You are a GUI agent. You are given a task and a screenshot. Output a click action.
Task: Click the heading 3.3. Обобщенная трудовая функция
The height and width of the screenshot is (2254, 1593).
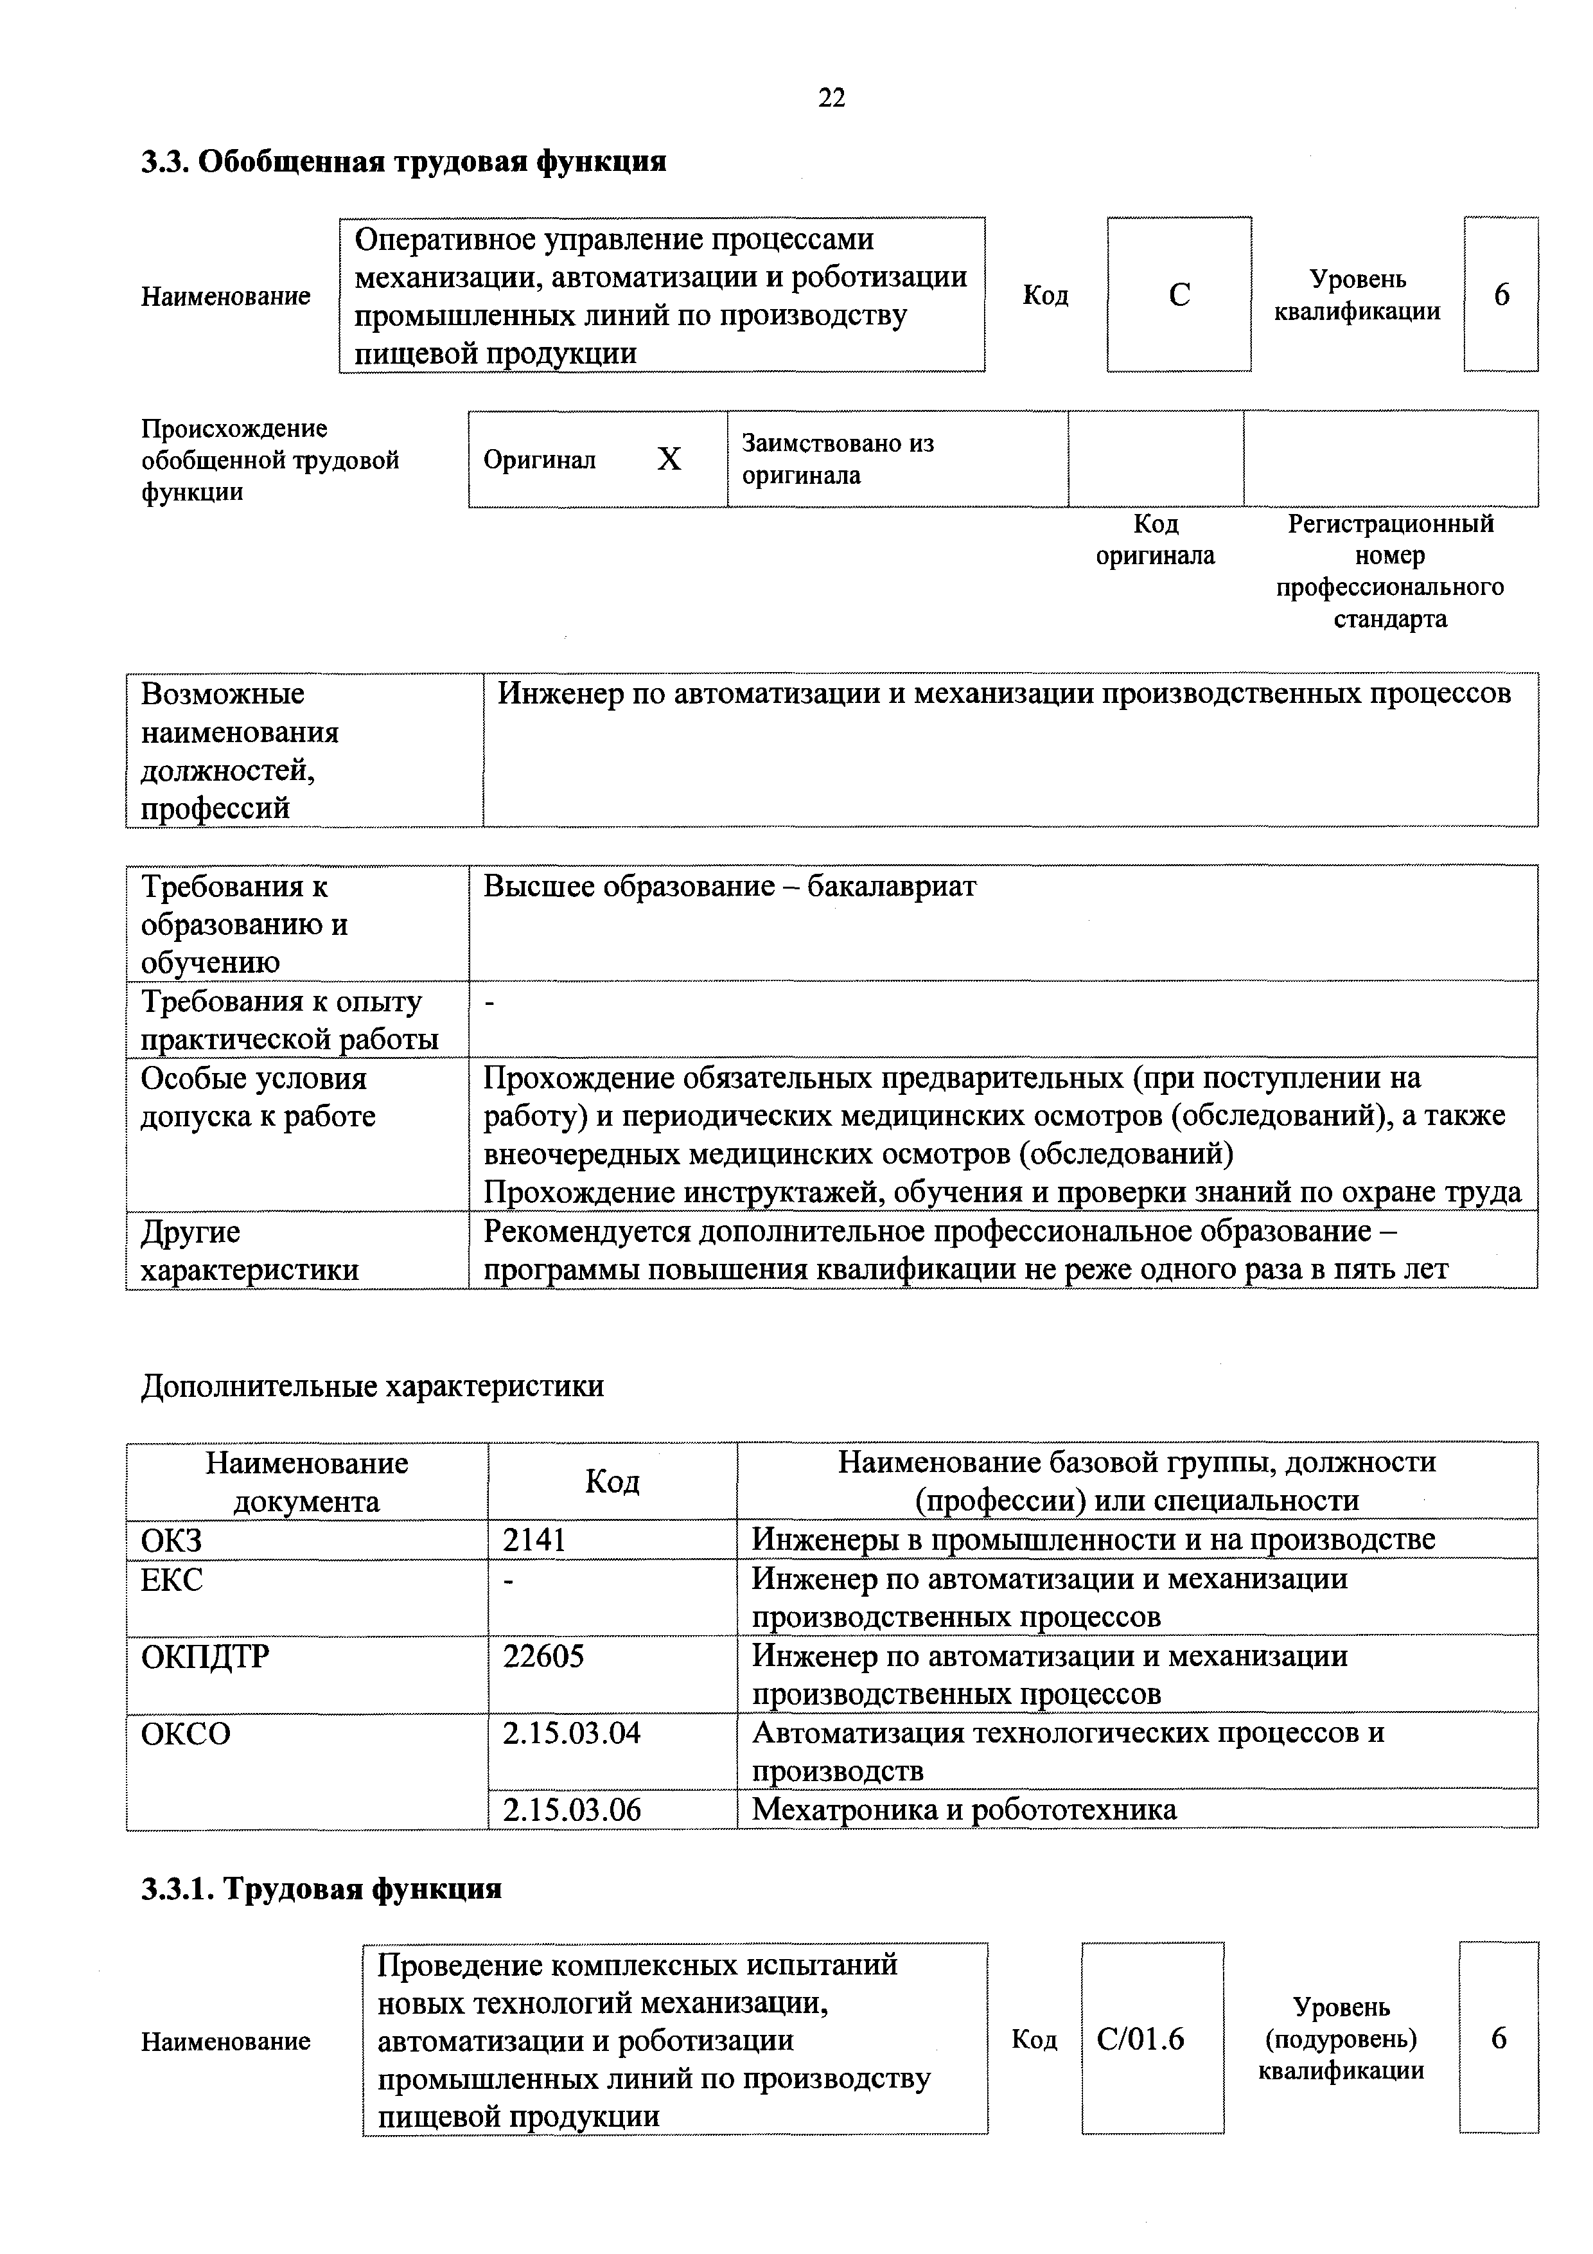pyautogui.click(x=403, y=161)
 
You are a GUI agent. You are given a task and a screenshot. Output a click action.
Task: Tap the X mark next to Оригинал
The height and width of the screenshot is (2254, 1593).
pyautogui.click(x=669, y=459)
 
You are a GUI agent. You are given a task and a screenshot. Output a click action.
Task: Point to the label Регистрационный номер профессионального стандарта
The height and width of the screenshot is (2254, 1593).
pyautogui.click(x=1390, y=571)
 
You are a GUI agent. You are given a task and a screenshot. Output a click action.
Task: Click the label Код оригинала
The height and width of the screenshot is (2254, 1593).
pyautogui.click(x=1154, y=540)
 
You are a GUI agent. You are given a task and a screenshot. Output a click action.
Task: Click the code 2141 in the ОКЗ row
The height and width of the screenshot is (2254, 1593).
pyautogui.click(x=535, y=1540)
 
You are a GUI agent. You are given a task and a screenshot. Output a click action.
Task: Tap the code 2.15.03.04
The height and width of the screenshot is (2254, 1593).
pyautogui.click(x=571, y=1733)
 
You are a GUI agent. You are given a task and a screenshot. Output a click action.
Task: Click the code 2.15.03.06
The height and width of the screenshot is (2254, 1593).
pyautogui.click(x=571, y=1809)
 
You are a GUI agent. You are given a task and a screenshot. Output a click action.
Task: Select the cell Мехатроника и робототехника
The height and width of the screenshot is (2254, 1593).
pyautogui.click(x=964, y=1809)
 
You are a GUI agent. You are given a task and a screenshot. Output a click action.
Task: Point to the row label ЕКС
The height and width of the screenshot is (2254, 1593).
pyautogui.click(x=172, y=1579)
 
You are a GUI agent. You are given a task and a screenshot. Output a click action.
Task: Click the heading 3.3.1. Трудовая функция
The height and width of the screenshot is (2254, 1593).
pyautogui.click(x=321, y=1889)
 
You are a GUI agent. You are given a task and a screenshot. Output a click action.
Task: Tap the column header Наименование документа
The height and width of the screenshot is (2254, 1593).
pyautogui.click(x=306, y=1482)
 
